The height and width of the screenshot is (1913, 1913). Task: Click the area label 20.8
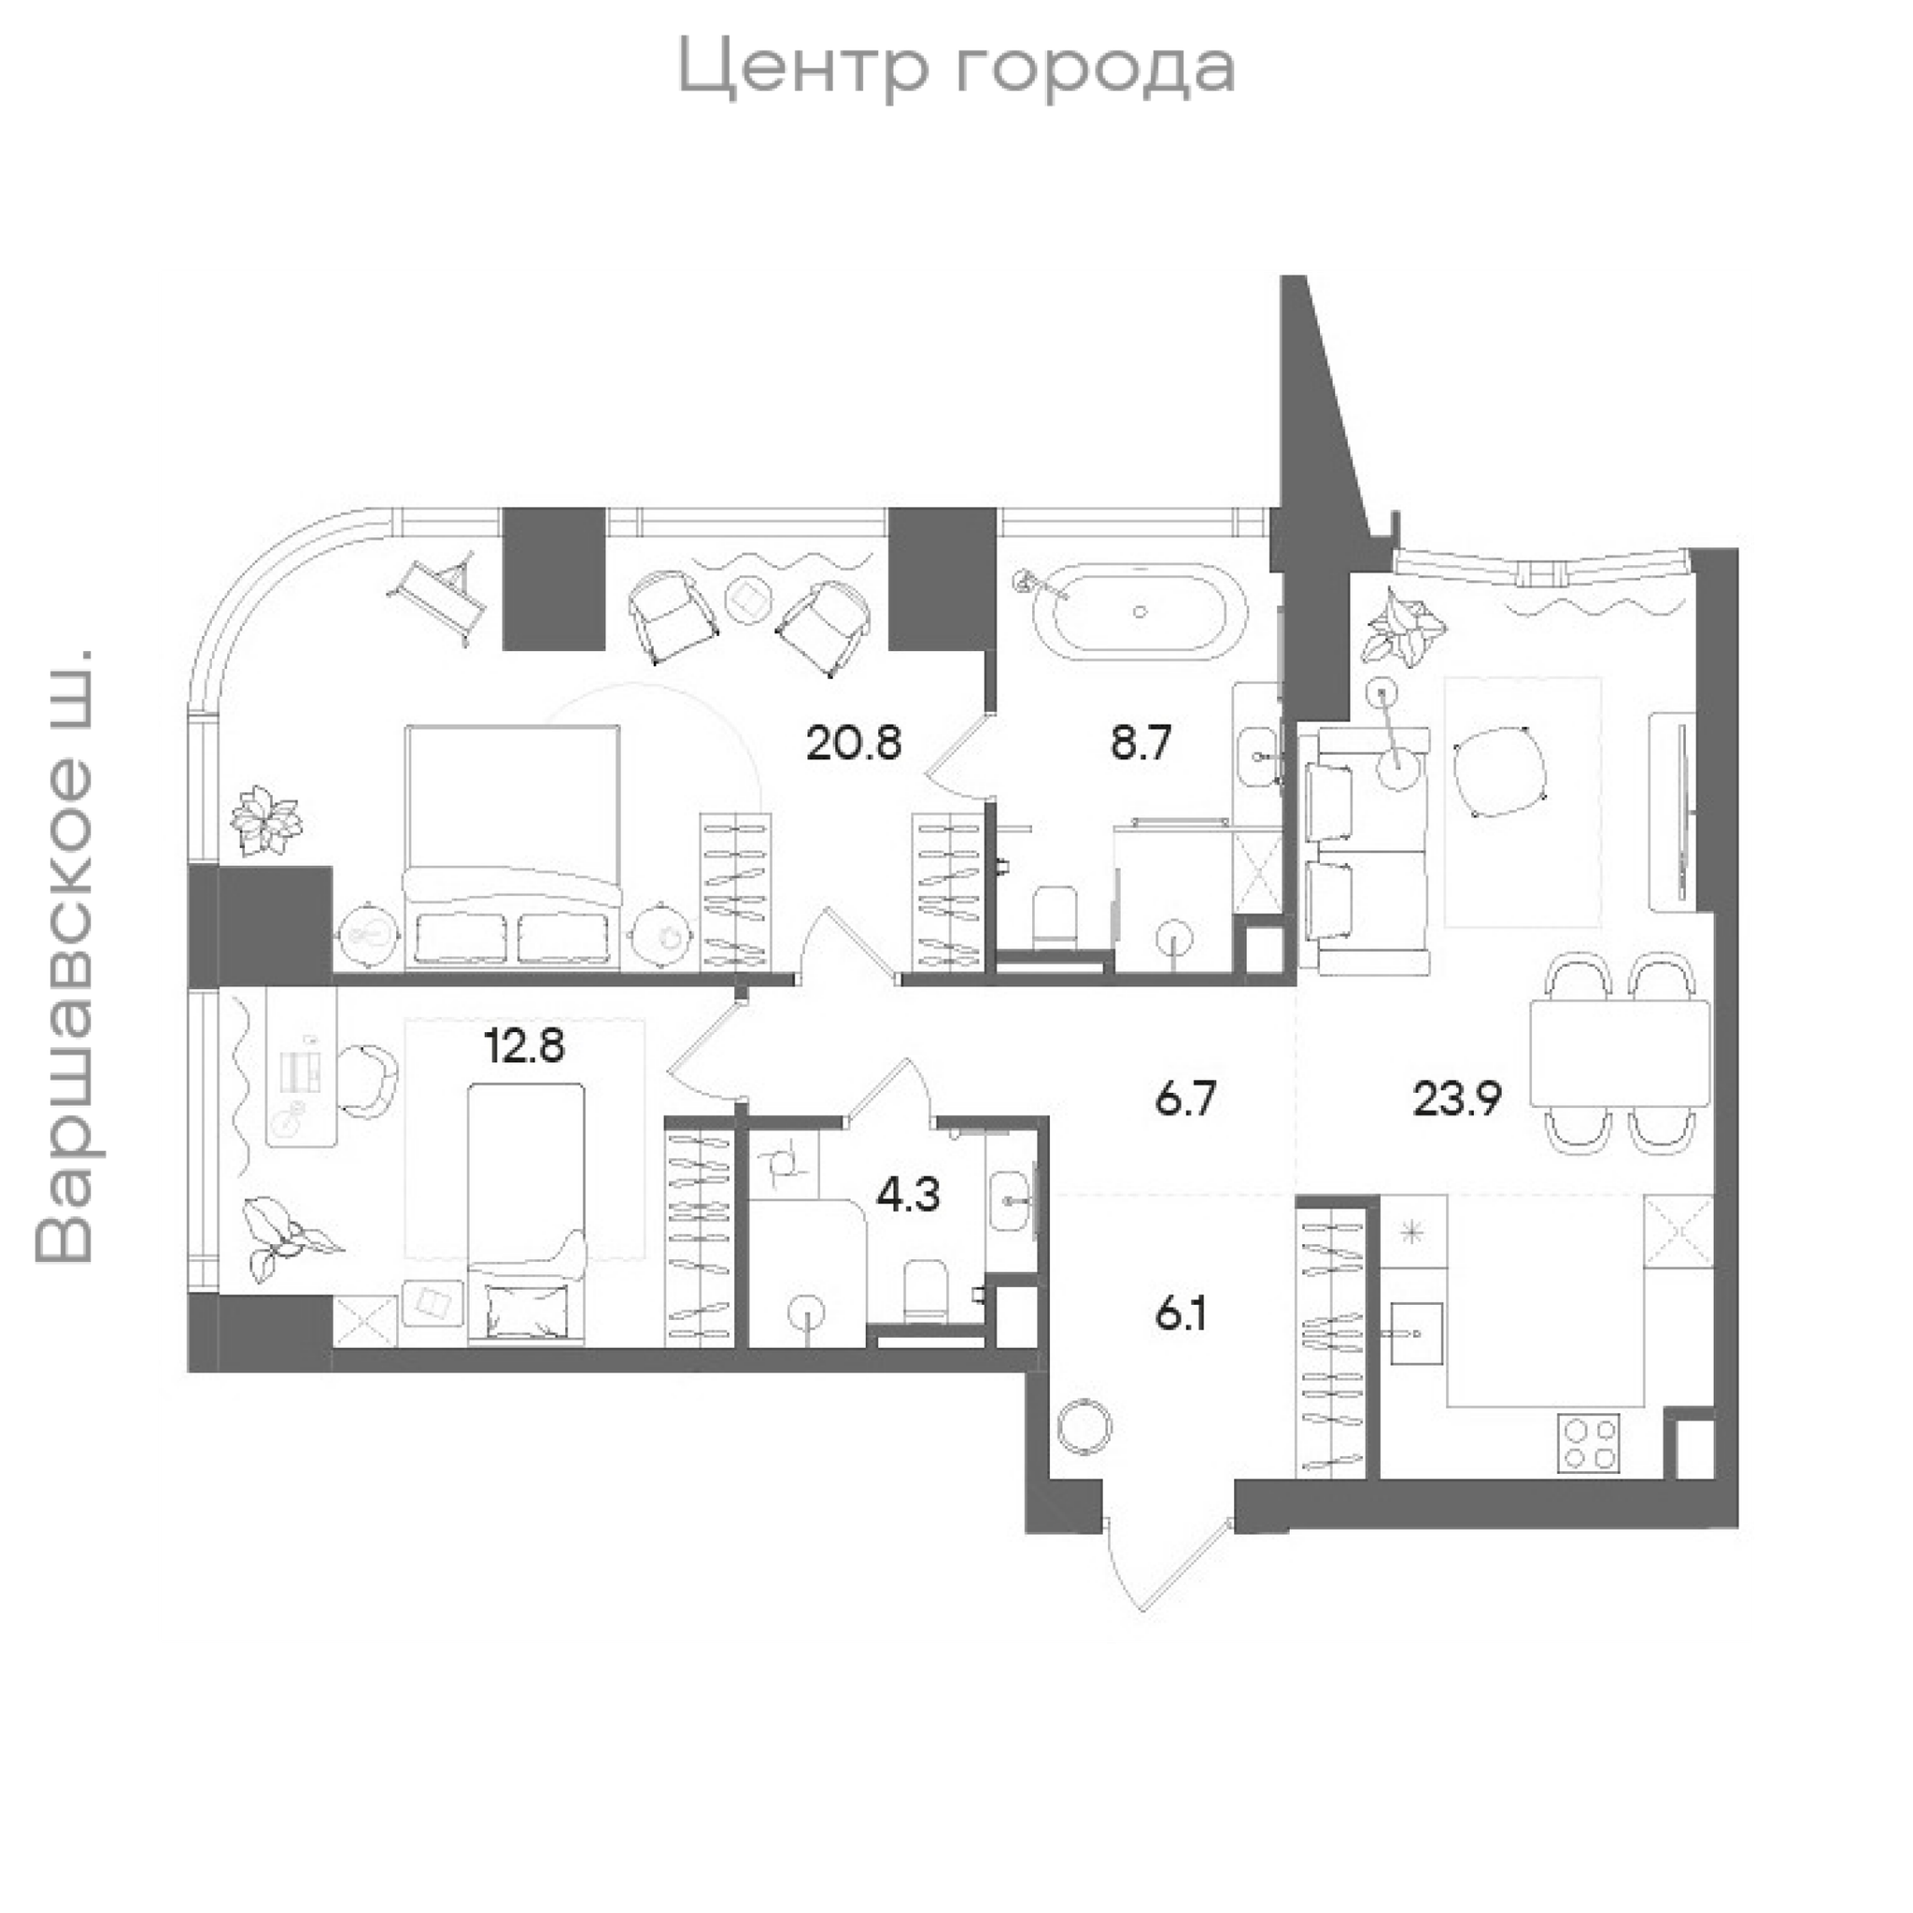tap(854, 743)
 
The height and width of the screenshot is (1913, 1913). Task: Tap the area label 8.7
tap(1141, 743)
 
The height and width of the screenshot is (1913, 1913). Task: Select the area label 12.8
tap(525, 1044)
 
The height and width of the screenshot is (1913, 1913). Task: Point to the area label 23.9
tap(1457, 1098)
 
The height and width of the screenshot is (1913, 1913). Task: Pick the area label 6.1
tap(1182, 1316)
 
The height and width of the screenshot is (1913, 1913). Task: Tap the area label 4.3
tap(908, 1195)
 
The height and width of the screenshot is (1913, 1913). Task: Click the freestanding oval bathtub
tap(1140, 612)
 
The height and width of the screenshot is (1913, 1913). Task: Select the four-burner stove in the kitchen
tap(1588, 1442)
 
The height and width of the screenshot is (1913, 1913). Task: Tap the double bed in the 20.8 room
tap(512, 843)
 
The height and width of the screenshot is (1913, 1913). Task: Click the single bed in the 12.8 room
tap(526, 1214)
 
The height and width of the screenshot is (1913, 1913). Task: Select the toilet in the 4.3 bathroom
tap(926, 1289)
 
